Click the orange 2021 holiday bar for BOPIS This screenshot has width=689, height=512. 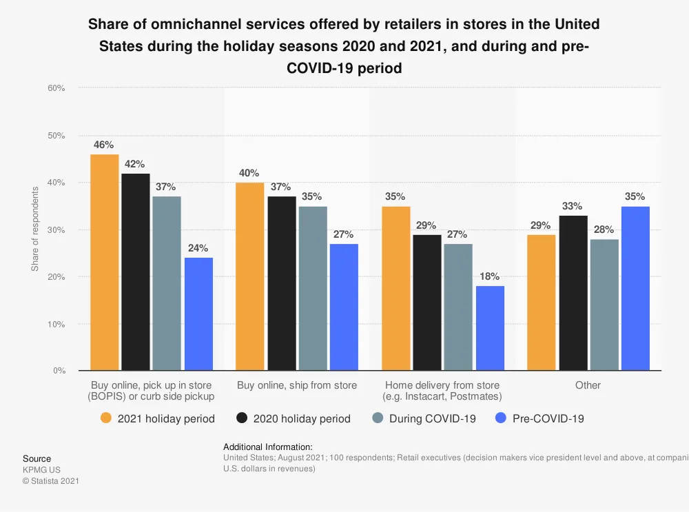[x=105, y=263]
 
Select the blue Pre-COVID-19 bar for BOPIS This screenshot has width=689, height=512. [x=198, y=314]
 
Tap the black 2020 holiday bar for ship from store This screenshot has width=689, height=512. [x=282, y=283]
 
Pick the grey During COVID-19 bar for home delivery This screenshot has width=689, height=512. [x=458, y=307]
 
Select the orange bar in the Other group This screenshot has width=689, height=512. [x=542, y=303]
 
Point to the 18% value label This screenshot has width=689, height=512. [x=489, y=276]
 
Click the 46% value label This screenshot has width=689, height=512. [x=104, y=145]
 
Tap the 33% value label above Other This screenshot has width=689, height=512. [x=573, y=206]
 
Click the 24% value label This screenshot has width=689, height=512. [x=198, y=248]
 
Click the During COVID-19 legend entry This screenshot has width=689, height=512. [x=424, y=418]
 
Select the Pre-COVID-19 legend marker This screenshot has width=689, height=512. [x=501, y=418]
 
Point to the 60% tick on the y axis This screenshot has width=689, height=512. [x=56, y=88]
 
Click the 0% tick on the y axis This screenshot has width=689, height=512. [x=59, y=371]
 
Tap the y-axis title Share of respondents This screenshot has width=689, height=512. [x=35, y=229]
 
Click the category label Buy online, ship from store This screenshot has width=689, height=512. [x=297, y=385]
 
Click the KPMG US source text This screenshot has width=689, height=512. [x=41, y=470]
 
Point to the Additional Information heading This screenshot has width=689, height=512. [x=268, y=447]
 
